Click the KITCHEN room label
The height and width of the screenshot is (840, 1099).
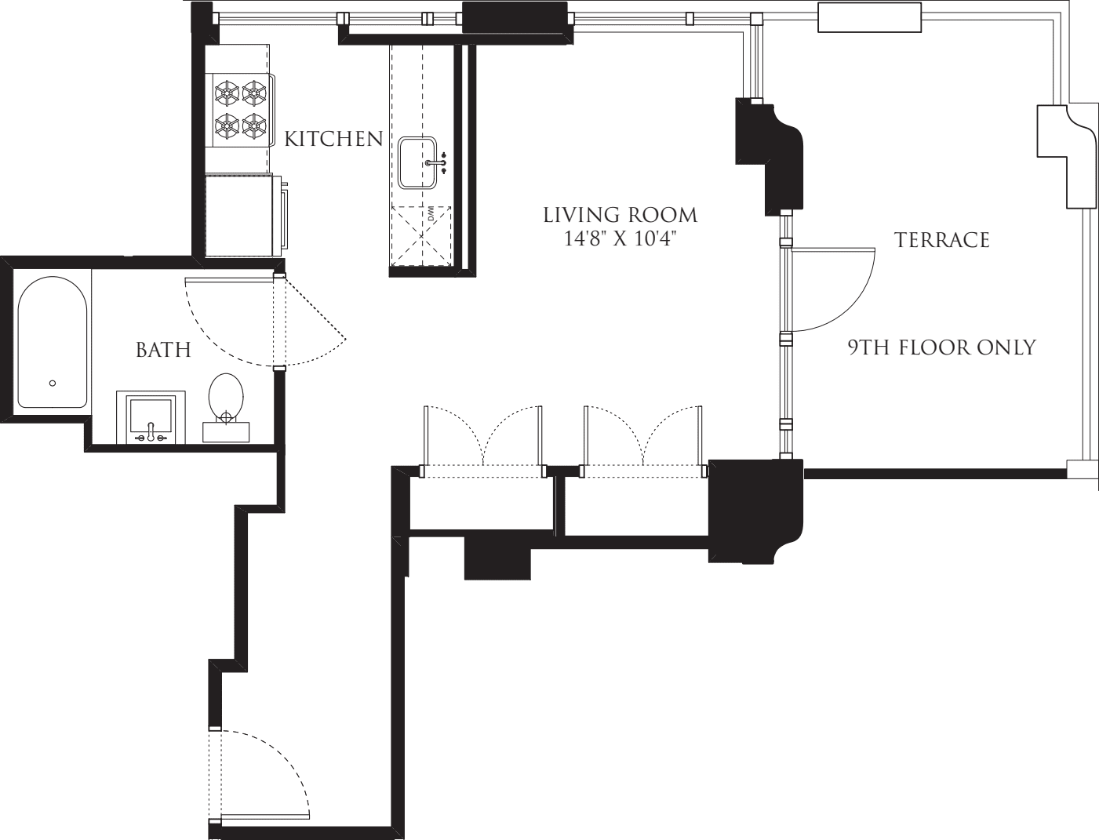(x=333, y=140)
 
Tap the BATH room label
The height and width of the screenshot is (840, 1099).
(x=163, y=350)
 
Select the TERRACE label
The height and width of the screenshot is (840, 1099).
(x=941, y=240)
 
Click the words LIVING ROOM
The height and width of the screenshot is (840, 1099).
(x=620, y=215)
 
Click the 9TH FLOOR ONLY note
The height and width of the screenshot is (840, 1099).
(x=941, y=347)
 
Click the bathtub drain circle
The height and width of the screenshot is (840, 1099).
(x=53, y=383)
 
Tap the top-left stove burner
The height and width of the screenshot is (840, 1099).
(x=227, y=94)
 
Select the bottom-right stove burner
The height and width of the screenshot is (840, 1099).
(x=254, y=124)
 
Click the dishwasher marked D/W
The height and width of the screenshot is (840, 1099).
(x=422, y=234)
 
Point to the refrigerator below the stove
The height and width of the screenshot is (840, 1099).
(x=239, y=215)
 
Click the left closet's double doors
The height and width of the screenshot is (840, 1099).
(x=483, y=439)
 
